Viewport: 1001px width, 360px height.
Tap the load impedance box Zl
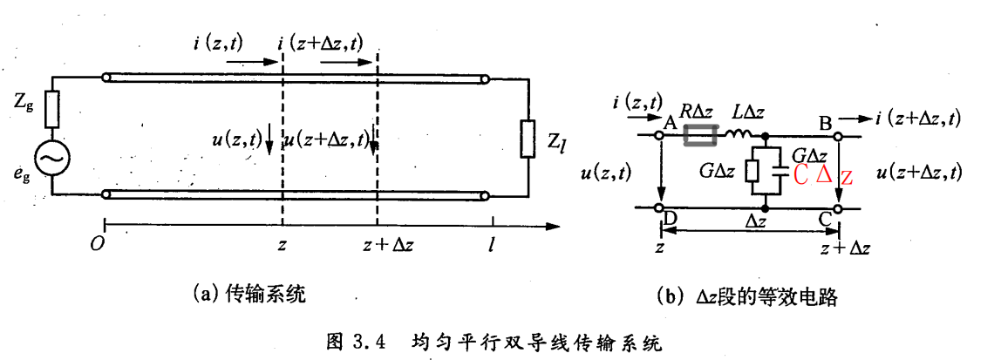(x=527, y=139)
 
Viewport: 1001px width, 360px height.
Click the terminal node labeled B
(x=838, y=136)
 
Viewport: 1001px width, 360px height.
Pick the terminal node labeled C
(x=838, y=209)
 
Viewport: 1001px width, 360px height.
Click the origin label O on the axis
(x=97, y=243)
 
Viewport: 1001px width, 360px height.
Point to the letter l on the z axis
(x=493, y=242)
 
